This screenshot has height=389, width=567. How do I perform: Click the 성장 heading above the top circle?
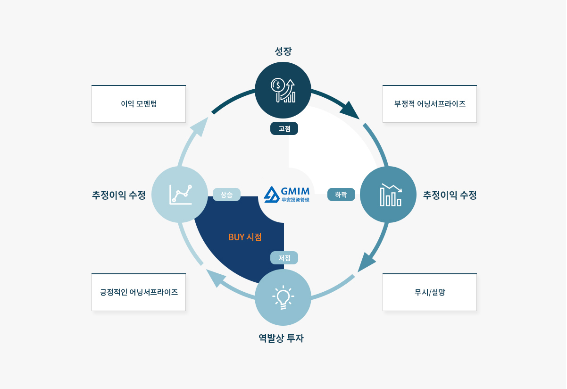283,51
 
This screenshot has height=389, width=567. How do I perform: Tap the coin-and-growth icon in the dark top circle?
283,90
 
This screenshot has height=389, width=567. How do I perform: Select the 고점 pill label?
284,128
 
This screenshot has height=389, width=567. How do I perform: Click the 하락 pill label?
341,194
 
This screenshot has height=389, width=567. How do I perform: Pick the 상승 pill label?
226,194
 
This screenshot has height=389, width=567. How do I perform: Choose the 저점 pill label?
284,258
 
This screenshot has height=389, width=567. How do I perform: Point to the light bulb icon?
283,297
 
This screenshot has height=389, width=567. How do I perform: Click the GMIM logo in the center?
287,194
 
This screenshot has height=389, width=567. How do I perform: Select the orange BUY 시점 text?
245,237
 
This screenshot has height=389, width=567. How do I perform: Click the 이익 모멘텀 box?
139,104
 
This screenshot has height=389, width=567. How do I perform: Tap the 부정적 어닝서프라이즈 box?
430,104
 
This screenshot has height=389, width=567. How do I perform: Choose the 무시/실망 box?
430,292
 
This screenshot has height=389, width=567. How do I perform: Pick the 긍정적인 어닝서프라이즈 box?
139,292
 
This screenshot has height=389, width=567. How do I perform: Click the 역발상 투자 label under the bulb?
281,338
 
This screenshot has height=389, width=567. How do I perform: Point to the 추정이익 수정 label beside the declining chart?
450,194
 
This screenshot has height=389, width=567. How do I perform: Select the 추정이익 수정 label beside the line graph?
119,194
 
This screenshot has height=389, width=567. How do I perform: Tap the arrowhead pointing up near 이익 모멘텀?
200,126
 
